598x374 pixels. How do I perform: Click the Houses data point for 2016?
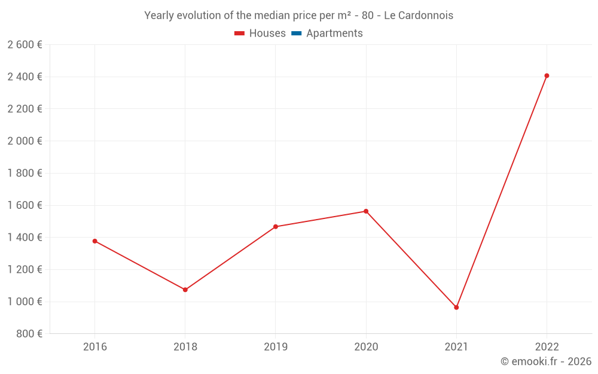(94, 241)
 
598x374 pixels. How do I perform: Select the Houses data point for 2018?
(185, 290)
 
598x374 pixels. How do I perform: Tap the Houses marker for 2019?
(275, 227)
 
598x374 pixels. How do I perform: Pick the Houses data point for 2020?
(366, 211)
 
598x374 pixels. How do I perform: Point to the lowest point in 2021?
(456, 308)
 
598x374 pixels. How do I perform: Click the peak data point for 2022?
(547, 76)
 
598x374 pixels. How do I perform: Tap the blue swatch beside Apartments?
(296, 34)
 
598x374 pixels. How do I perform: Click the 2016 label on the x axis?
(94, 346)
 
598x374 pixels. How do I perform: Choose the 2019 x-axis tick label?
(275, 346)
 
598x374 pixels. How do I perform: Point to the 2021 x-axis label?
(456, 346)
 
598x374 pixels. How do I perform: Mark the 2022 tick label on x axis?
(547, 346)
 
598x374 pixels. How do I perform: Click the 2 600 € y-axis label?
(25, 45)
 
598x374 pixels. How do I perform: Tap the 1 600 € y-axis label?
(25, 205)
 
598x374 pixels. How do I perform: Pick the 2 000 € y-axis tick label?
(25, 141)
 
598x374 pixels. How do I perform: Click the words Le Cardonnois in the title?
(418, 16)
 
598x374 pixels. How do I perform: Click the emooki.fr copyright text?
(545, 361)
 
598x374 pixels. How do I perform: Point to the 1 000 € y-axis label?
(25, 302)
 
